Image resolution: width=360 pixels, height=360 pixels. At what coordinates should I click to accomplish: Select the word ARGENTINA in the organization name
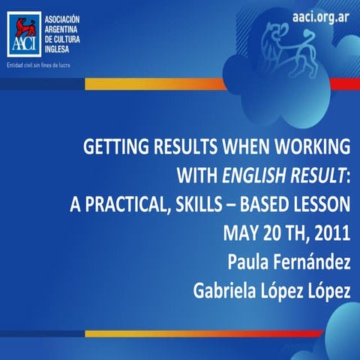(67, 26)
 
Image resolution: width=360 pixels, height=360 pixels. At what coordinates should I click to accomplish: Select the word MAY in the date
(241, 232)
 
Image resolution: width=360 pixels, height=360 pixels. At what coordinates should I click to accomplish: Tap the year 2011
(331, 232)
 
